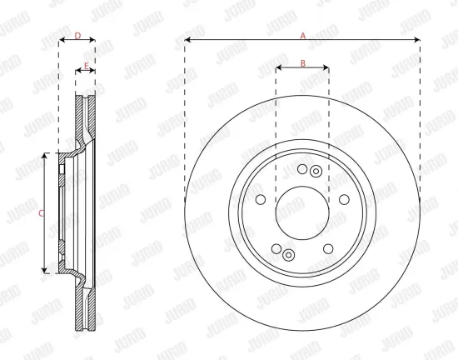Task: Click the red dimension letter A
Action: (303, 36)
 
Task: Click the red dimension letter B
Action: (303, 62)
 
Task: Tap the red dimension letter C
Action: (41, 213)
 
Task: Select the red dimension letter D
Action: (77, 36)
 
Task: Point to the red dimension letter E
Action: (86, 66)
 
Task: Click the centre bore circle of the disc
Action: (302, 213)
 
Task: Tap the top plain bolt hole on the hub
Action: (302, 169)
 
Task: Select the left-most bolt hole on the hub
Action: (261, 199)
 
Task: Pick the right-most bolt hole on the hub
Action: (344, 199)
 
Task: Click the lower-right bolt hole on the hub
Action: (328, 249)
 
